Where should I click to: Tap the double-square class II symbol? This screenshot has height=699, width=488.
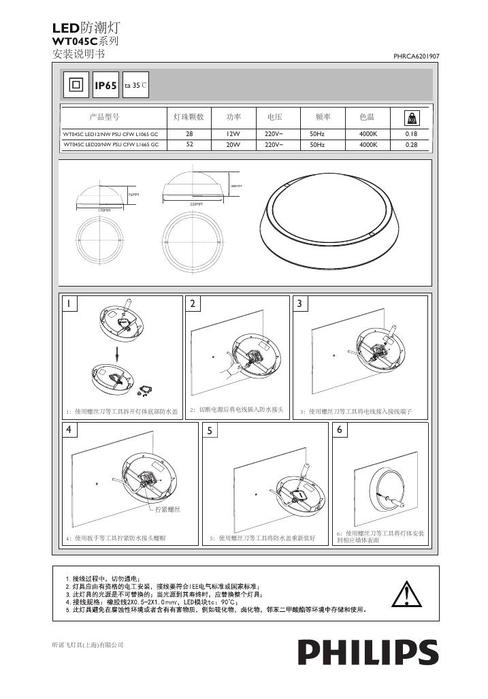coord(76,85)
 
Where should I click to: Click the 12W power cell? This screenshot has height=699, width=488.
coord(234,134)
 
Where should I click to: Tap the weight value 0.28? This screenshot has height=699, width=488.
coord(411,144)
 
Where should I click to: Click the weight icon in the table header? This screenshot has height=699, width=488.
coord(411,118)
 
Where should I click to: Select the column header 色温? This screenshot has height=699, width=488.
coord(368,118)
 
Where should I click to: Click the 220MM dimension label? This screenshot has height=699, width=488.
coord(197,204)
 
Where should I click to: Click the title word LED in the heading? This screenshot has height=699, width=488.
coord(66,28)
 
